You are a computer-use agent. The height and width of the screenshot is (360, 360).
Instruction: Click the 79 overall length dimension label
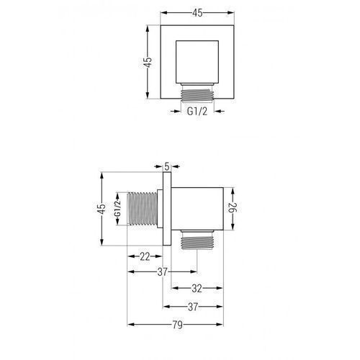tap(177, 325)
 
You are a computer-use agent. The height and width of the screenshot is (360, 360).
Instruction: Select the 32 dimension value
tap(197, 289)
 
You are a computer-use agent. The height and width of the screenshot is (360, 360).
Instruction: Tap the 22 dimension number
tap(145, 256)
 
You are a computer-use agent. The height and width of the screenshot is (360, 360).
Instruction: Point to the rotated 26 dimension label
tap(233, 207)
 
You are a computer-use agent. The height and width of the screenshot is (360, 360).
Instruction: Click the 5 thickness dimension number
tap(167, 166)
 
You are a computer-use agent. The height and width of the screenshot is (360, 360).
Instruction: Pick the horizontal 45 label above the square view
tap(197, 13)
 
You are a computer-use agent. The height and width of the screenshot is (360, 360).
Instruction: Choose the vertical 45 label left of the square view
tap(148, 63)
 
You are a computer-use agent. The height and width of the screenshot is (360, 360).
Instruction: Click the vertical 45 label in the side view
tap(102, 209)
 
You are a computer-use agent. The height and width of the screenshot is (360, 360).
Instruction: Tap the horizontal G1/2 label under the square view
tap(197, 112)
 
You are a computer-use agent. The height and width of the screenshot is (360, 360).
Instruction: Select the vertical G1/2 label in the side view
tap(117, 209)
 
